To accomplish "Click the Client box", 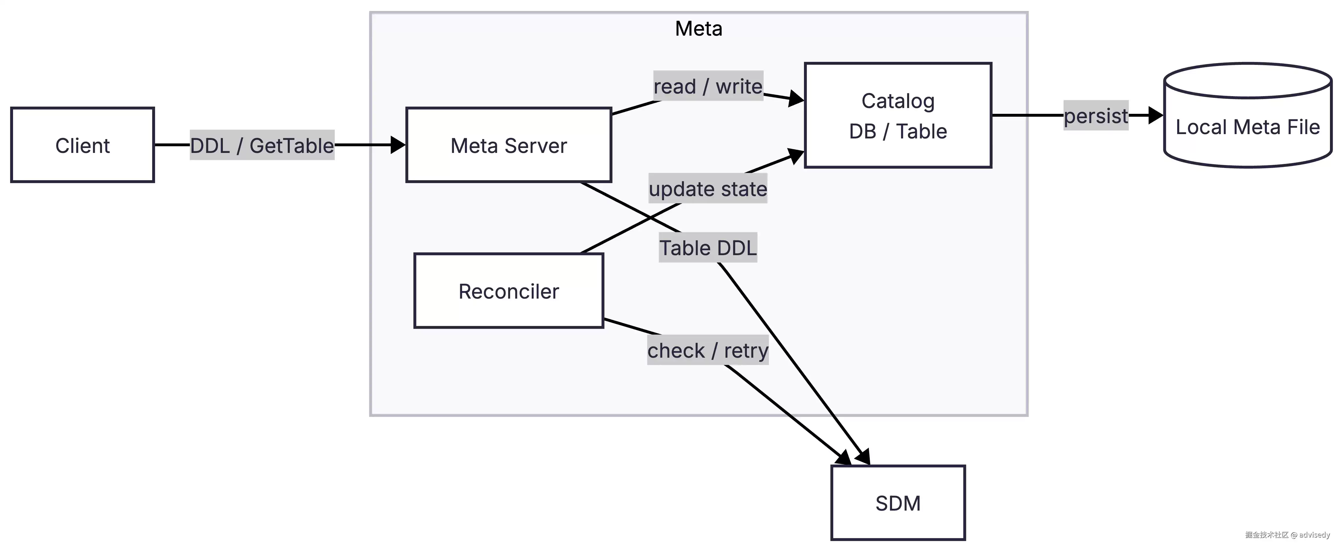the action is click(x=82, y=145).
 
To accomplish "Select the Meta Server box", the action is click(x=509, y=145).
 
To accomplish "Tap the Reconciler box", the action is click(x=509, y=290).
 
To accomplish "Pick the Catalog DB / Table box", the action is click(x=898, y=115).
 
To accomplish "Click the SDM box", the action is click(x=898, y=502).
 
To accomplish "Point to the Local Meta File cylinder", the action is click(x=1248, y=115).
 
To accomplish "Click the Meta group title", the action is click(x=699, y=29).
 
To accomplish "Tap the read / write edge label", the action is click(x=708, y=86).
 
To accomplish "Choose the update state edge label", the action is click(x=708, y=189).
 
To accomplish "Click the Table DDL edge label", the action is click(x=708, y=247).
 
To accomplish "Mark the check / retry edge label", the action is click(x=708, y=350).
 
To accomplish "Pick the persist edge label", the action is click(x=1096, y=115).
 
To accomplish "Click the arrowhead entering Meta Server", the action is click(x=398, y=145).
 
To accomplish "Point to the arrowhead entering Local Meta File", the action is click(x=1156, y=115).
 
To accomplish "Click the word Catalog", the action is click(x=898, y=101).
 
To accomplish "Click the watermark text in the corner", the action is click(x=1287, y=535).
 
